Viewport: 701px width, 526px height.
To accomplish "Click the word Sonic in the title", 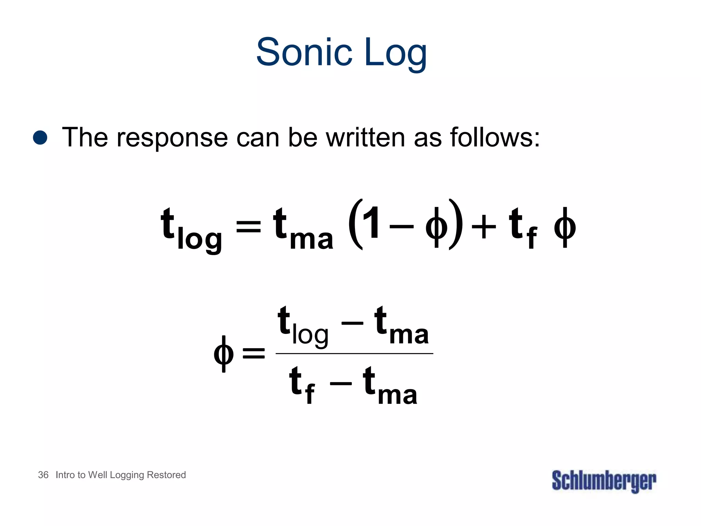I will tap(304, 52).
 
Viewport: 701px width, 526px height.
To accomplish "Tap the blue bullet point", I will tap(40, 137).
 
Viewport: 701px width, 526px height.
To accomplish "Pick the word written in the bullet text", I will tap(366, 137).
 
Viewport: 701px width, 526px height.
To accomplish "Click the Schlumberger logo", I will tap(604, 481).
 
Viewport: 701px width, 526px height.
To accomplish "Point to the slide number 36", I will tap(43, 475).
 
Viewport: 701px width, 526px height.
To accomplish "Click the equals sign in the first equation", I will tap(248, 226).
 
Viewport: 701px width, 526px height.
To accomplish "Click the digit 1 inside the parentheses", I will tap(371, 223).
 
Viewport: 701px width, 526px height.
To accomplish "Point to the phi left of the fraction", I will tap(224, 353).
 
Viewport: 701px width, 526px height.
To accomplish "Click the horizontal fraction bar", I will tap(354, 353).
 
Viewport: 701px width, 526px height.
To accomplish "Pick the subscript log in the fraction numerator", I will tap(310, 335).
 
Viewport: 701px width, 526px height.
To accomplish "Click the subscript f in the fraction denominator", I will tap(309, 394).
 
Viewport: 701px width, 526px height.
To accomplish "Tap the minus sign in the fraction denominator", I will tap(341, 383).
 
